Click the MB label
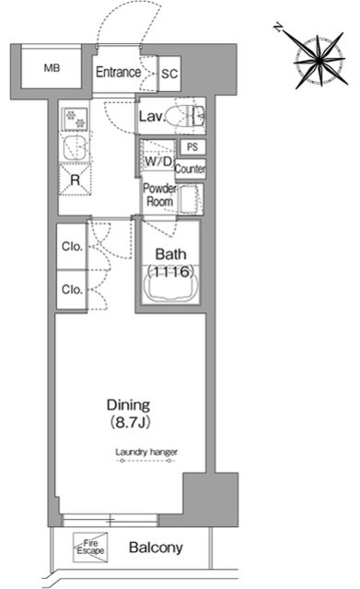52,68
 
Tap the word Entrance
118,72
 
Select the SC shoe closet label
169,74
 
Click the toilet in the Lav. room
185,116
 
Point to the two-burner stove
75,119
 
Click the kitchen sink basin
75,147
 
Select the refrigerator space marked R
75,180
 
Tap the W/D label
157,162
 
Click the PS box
192,146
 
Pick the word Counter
191,168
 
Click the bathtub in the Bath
170,288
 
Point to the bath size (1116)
170,271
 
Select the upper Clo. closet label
72,247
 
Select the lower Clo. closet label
72,289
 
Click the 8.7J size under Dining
130,422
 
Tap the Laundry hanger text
146,452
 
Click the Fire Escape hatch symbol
90,548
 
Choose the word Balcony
156,548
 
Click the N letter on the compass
278,28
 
